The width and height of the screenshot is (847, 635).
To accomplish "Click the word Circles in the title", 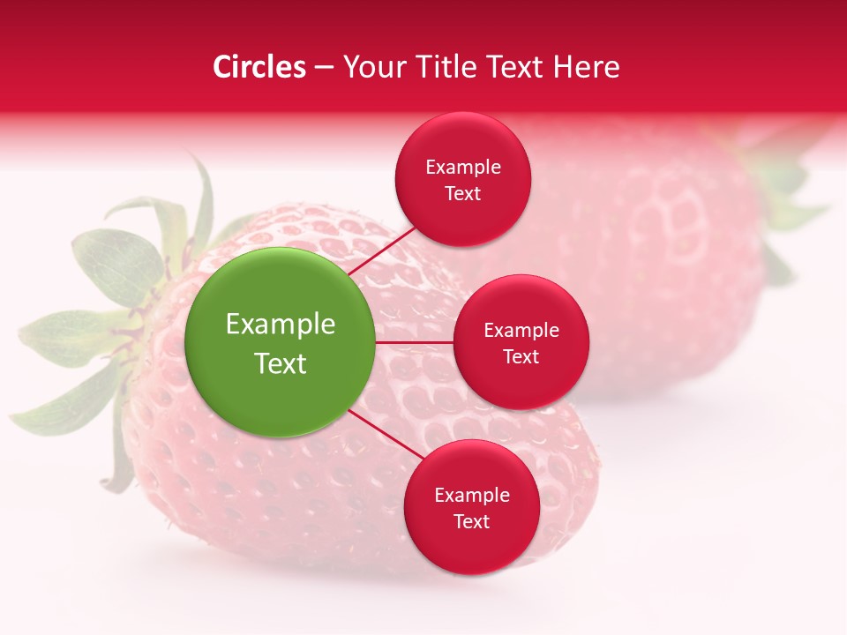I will click(259, 67).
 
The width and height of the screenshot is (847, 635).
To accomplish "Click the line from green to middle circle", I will click(414, 342).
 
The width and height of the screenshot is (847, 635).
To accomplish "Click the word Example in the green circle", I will click(281, 325).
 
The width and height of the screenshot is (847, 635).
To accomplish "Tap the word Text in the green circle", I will click(281, 363).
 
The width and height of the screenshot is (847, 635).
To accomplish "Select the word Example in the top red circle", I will click(463, 168).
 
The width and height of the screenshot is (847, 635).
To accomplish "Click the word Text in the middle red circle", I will click(521, 356).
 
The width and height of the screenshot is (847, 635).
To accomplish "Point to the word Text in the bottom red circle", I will click(472, 521).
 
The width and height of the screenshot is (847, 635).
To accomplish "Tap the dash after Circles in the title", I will click(324, 68).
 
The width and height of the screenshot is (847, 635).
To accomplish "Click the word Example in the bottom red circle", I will click(472, 495).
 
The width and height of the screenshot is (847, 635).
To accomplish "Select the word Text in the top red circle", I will click(463, 193).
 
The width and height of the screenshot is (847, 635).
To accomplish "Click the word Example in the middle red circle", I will click(521, 331).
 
